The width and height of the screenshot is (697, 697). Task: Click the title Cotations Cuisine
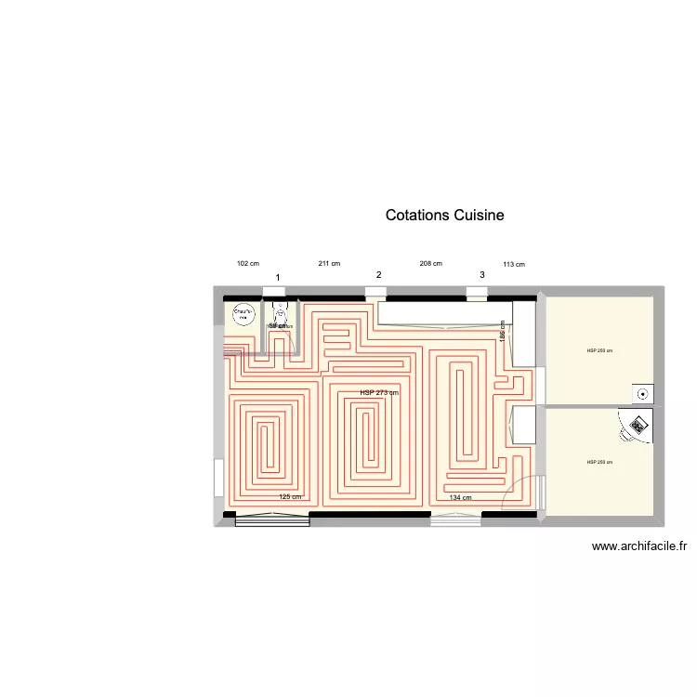point(444,215)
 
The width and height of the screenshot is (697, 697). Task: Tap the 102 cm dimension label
point(248,264)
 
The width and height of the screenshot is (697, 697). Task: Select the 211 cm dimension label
point(329,264)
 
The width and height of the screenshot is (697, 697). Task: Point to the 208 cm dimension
point(430,264)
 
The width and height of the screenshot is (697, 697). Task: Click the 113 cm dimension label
point(513,265)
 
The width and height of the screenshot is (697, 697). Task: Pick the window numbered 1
point(275,292)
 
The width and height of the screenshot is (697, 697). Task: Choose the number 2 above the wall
point(378,275)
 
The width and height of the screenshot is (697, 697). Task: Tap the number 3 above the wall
point(481,275)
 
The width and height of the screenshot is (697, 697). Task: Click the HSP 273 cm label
point(379,392)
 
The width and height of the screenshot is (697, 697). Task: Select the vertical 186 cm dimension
point(503,333)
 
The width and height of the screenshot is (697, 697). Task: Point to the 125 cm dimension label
point(291,497)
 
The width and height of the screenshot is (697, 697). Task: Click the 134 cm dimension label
point(460,498)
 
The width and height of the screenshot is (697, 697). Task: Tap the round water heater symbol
point(243,314)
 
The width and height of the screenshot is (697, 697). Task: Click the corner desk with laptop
point(638,426)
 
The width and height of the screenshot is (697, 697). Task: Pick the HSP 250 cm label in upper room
point(599,350)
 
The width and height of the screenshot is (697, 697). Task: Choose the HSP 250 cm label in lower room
point(599,462)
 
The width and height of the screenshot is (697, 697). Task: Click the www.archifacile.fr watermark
point(638,547)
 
